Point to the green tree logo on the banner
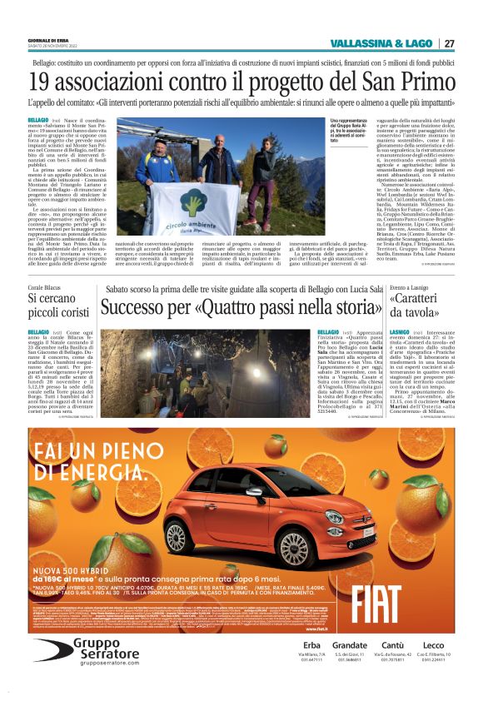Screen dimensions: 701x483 [x=193, y=205]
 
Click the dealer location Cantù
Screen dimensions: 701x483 [x=391, y=645]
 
